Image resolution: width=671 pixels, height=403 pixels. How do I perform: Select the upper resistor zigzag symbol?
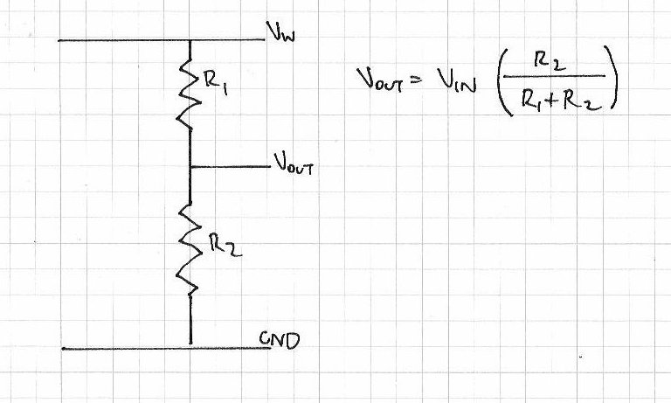pyautogui.click(x=189, y=92)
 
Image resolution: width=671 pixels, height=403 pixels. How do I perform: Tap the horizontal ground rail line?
pyautogui.click(x=122, y=349)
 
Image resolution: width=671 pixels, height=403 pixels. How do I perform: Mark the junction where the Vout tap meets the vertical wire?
pyautogui.click(x=190, y=166)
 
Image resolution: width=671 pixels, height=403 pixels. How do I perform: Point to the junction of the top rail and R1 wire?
pyautogui.click(x=190, y=40)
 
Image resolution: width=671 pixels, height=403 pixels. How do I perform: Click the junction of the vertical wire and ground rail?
pyautogui.click(x=190, y=348)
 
